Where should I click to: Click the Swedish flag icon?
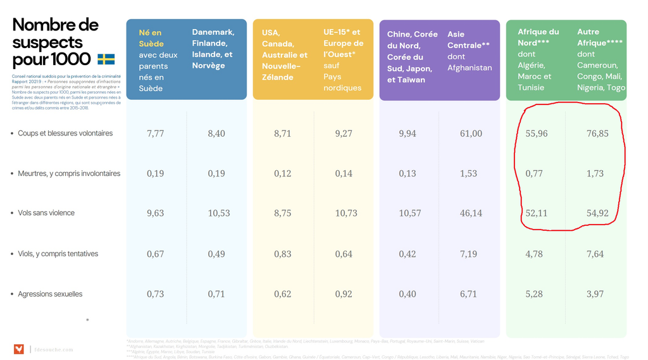tap(106, 59)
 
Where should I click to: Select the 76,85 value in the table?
tap(597, 133)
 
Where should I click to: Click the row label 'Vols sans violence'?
tap(46, 213)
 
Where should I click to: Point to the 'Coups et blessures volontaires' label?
tap(65, 133)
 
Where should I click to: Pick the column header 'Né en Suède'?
tap(151, 38)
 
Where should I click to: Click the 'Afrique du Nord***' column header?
tap(538, 37)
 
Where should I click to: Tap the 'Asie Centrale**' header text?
tap(468, 40)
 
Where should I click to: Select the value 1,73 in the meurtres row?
tap(595, 173)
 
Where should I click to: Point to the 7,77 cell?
tap(155, 133)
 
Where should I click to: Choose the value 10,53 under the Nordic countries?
tap(219, 213)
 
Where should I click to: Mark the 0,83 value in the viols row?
tap(283, 254)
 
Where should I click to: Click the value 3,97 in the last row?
tap(595, 294)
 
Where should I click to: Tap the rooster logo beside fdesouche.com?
tap(19, 349)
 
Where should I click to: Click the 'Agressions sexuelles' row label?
tap(50, 294)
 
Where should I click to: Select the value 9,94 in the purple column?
tap(408, 133)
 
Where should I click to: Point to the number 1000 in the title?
tap(71, 59)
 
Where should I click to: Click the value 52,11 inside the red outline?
tap(537, 213)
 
